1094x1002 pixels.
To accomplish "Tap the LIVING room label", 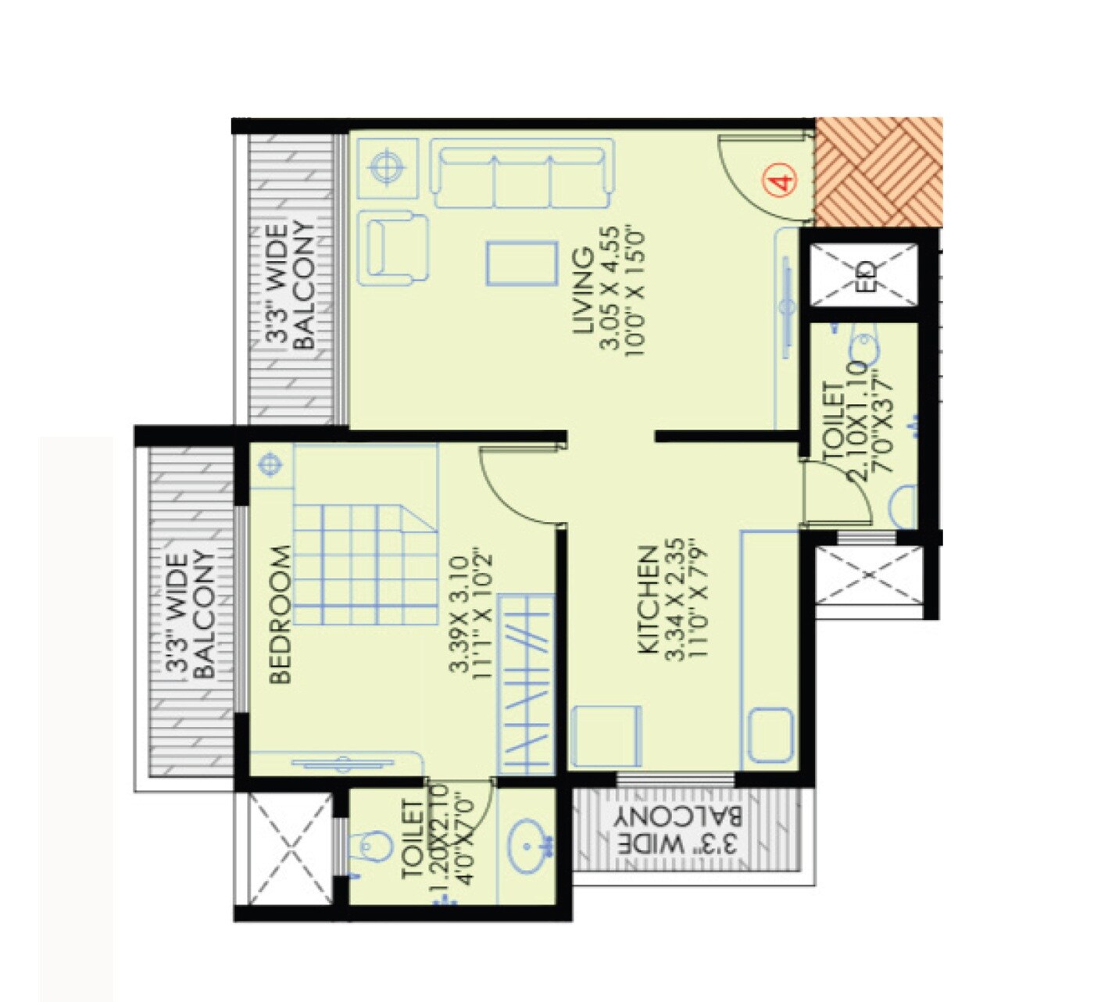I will pos(584,291).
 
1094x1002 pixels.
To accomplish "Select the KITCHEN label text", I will pos(647,599).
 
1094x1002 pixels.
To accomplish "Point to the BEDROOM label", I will pos(280,614).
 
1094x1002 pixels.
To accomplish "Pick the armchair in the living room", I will pos(395,247).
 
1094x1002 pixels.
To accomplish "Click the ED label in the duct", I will pos(865,275).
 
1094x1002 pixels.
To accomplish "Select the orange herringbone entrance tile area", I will pos(878,172).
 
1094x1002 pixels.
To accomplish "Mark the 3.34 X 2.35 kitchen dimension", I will pos(673,599).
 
